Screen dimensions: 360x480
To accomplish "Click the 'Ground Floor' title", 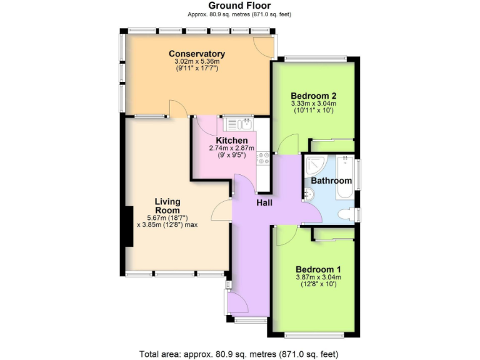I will [240, 6].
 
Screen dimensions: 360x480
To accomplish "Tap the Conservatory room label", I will [197, 54].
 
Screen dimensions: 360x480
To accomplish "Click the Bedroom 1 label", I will [318, 269].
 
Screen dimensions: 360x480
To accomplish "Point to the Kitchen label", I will [232, 140].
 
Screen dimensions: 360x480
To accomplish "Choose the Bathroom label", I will [331, 181].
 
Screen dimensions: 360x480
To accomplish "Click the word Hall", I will [263, 202].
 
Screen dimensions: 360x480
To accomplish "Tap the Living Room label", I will [167, 206].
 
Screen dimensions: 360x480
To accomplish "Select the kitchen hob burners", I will [263, 159].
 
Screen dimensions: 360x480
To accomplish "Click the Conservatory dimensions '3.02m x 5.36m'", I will [197, 62].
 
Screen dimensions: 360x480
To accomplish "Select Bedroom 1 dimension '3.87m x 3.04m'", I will [318, 277].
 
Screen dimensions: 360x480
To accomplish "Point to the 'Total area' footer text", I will [240, 354].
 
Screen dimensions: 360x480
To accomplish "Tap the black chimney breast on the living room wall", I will [129, 226].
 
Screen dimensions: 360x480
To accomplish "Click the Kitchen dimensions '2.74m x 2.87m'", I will [232, 148].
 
